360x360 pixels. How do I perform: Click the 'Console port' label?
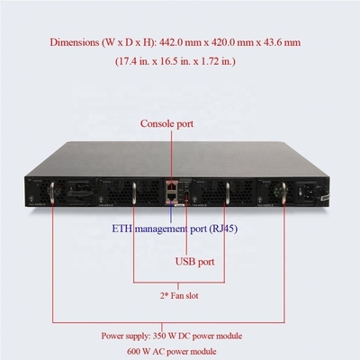pyautogui.click(x=166, y=123)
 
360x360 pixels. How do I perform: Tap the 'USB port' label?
pyautogui.click(x=194, y=261)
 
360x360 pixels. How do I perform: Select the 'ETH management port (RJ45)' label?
pyautogui.click(x=175, y=229)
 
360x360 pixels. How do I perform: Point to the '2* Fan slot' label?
pyautogui.click(x=179, y=296)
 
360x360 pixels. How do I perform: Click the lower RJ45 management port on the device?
pyautogui.click(x=172, y=196)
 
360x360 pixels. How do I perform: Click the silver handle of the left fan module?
pyautogui.click(x=134, y=193)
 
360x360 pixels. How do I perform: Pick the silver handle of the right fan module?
pyautogui.click(x=227, y=193)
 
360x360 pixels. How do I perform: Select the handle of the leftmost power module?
pyautogui.click(x=52, y=193)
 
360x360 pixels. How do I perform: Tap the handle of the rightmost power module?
pyautogui.click(x=283, y=193)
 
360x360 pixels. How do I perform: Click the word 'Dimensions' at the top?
pyautogui.click(x=74, y=42)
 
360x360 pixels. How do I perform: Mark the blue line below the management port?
pyautogui.click(x=171, y=212)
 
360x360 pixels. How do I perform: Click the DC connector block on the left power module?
pyautogui.click(x=77, y=191)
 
